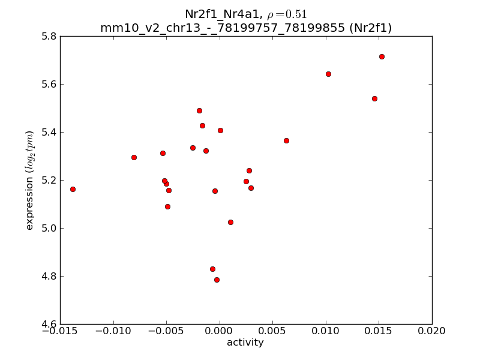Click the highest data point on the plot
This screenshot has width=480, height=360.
(x=382, y=56)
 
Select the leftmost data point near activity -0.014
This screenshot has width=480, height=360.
(x=73, y=189)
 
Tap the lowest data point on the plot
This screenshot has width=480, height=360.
(x=217, y=280)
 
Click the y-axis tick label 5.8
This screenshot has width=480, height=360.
(x=50, y=36)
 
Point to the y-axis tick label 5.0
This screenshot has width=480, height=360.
(x=50, y=228)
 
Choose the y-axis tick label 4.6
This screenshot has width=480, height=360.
(x=50, y=324)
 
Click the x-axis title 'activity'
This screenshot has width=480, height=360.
(x=245, y=343)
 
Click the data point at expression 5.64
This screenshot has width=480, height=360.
(x=328, y=74)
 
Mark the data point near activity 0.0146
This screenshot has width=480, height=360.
(x=374, y=98)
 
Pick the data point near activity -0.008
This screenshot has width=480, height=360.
(x=134, y=157)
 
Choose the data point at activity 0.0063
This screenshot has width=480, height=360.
(x=286, y=140)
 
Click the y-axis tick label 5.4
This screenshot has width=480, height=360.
(x=50, y=132)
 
